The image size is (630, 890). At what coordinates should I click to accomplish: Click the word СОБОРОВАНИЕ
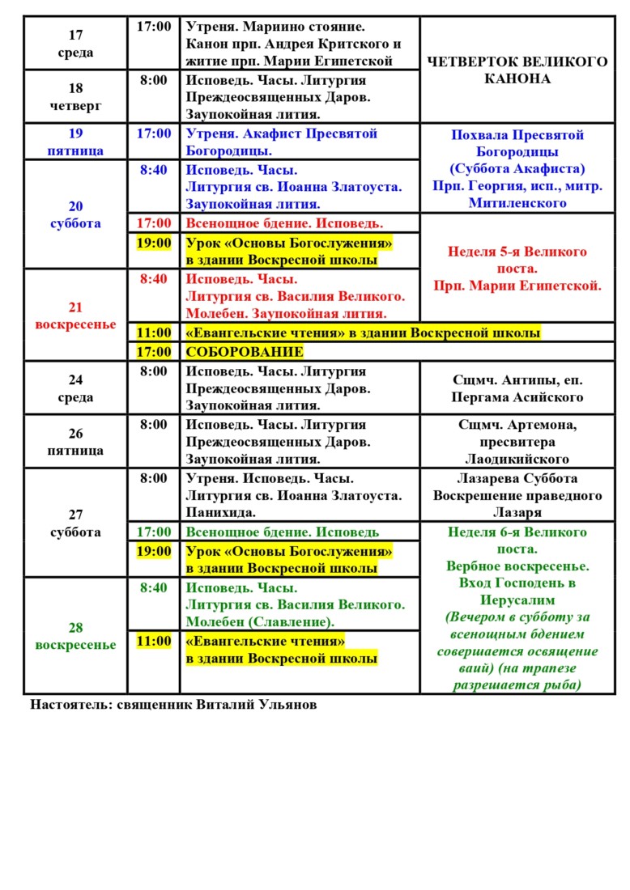tap(245, 352)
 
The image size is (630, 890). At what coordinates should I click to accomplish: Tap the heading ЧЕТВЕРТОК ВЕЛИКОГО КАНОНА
tap(517, 70)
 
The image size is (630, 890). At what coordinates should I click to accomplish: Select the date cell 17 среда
tap(75, 44)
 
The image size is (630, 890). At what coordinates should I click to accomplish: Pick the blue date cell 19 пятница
tap(75, 142)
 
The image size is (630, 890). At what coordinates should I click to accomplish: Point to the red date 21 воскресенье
tap(75, 316)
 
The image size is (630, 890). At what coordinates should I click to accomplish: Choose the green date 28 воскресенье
tap(75, 636)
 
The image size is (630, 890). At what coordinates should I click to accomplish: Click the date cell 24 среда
tap(75, 388)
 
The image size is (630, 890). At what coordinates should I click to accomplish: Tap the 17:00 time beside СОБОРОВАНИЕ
tap(154, 352)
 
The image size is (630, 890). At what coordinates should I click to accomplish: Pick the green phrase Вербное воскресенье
tap(517, 566)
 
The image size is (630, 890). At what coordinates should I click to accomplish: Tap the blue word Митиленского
tap(517, 203)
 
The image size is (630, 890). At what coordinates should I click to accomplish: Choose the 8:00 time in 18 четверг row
tap(154, 80)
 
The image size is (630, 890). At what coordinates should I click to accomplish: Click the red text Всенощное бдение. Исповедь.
tap(284, 222)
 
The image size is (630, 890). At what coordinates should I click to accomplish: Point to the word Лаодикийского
tap(517, 459)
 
